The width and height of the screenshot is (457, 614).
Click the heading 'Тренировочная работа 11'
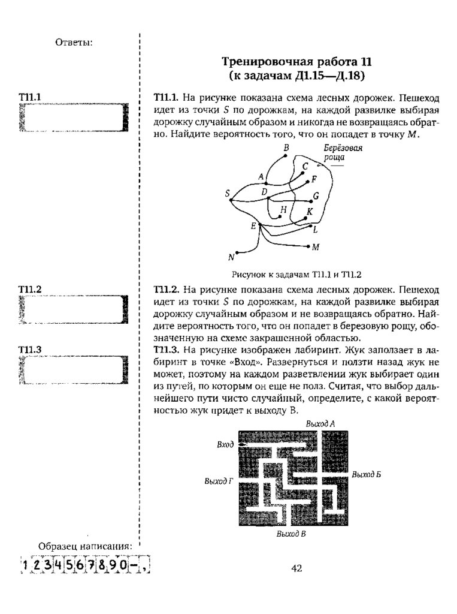click(297, 61)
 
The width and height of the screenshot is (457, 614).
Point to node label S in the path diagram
click(228, 193)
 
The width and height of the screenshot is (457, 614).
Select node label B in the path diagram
click(286, 148)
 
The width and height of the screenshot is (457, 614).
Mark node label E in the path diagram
click(253, 225)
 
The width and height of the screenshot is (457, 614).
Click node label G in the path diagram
click(316, 195)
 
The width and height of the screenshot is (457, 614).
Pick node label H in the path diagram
click(284, 209)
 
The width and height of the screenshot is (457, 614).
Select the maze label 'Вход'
click(225, 446)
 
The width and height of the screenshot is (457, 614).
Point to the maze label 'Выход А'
click(320, 424)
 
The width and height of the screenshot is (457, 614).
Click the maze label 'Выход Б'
click(367, 475)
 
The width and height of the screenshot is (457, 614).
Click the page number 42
click(296, 568)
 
